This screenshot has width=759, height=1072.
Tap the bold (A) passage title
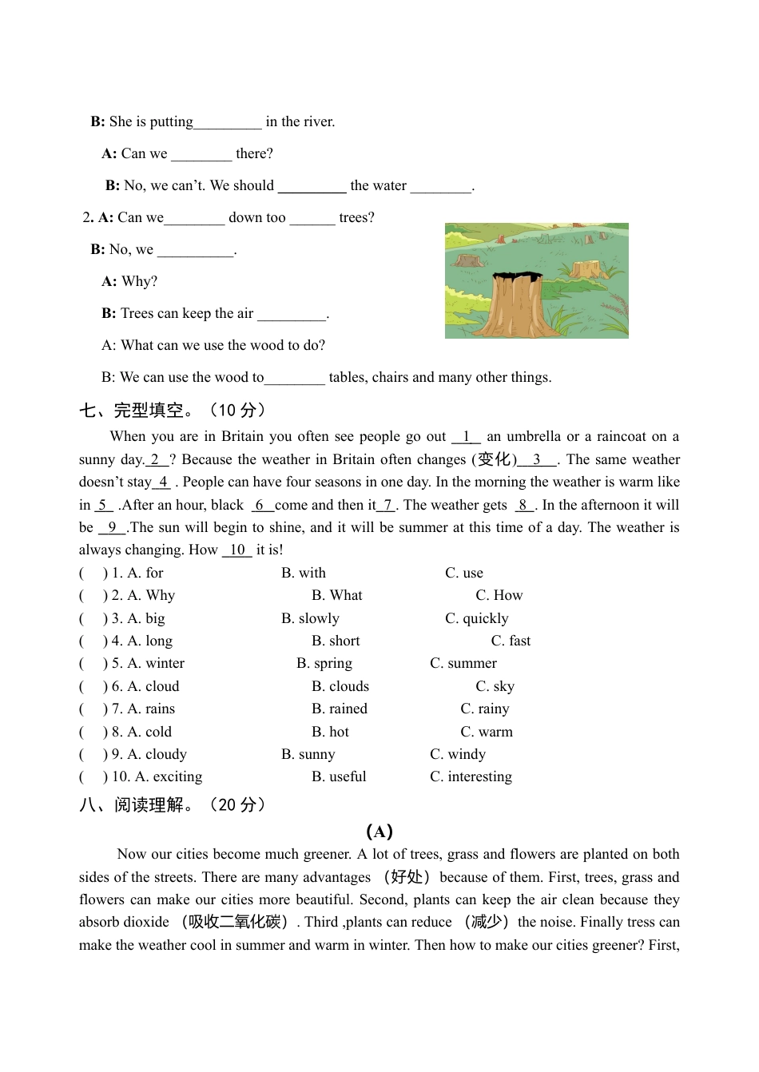tap(379, 831)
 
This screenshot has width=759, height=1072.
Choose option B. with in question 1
tap(304, 573)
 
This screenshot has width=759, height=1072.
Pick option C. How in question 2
tap(499, 595)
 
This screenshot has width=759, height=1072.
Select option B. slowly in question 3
tap(310, 618)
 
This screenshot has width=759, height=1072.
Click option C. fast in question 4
tap(511, 641)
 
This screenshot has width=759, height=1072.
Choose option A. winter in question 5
tap(156, 663)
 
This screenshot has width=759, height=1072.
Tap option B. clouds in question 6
tap(340, 686)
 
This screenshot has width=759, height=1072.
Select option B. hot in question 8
tap(330, 732)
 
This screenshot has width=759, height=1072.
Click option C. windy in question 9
tap(458, 754)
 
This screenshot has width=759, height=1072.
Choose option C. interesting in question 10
tap(471, 776)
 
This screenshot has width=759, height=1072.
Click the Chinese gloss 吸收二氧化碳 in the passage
tap(236, 922)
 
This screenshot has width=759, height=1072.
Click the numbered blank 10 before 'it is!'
tap(236, 550)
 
